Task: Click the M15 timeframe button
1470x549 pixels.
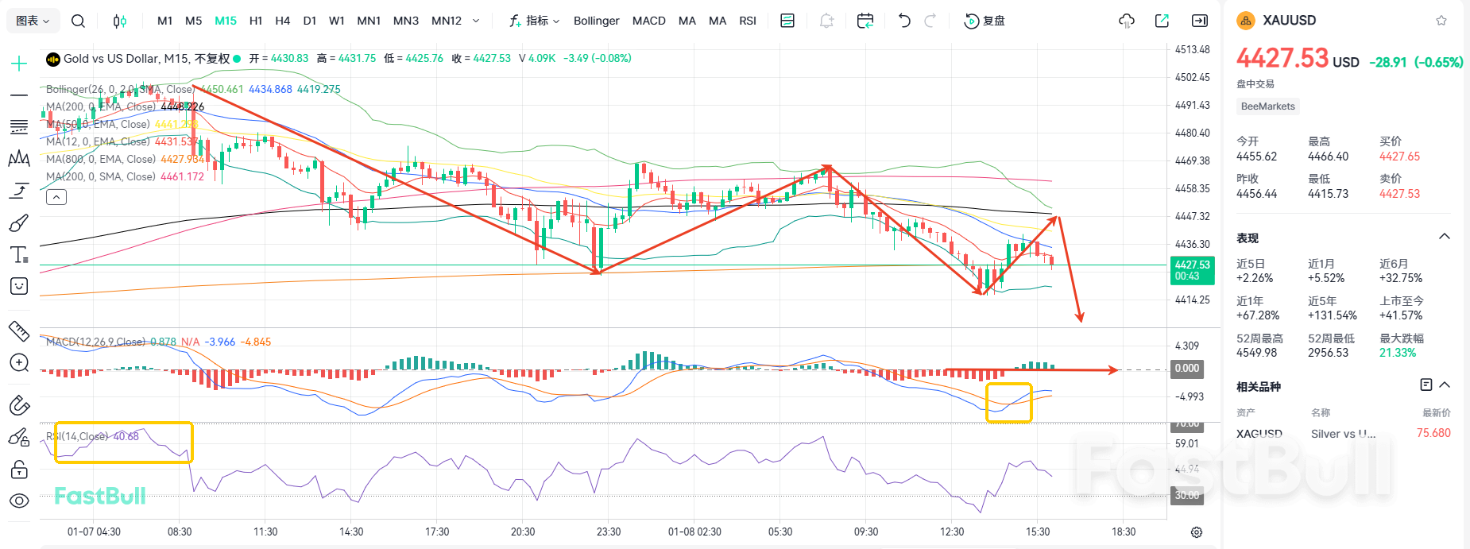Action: pyautogui.click(x=226, y=21)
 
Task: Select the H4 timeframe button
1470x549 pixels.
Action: pyautogui.click(x=282, y=21)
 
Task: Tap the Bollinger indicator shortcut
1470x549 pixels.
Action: pyautogui.click(x=596, y=21)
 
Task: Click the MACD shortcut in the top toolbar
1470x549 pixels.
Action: pyautogui.click(x=648, y=21)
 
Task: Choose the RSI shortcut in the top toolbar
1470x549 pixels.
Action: pyautogui.click(x=747, y=21)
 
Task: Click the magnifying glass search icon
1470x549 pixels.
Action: pyautogui.click(x=78, y=21)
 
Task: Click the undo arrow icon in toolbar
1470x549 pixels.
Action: pyautogui.click(x=903, y=21)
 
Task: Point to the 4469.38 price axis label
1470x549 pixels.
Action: pyautogui.click(x=1192, y=160)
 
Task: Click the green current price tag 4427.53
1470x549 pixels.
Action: pyautogui.click(x=1192, y=270)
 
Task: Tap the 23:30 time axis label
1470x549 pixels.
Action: pyautogui.click(x=609, y=532)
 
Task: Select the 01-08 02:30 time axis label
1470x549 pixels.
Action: pyautogui.click(x=694, y=532)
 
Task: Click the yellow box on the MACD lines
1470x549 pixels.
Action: pyautogui.click(x=1008, y=403)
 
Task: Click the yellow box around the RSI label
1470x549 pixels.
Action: pyautogui.click(x=123, y=443)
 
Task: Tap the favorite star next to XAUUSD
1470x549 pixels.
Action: pyautogui.click(x=1441, y=21)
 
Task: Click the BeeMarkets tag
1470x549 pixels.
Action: pyautogui.click(x=1267, y=106)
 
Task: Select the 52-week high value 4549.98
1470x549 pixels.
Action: pyautogui.click(x=1256, y=353)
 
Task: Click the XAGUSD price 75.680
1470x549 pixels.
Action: pyautogui.click(x=1433, y=433)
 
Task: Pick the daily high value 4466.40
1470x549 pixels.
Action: pyautogui.click(x=1328, y=157)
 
